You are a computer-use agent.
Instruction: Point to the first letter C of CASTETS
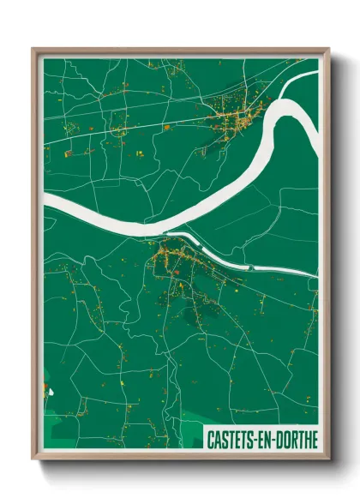click(211, 439)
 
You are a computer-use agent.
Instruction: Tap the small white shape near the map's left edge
click(49, 393)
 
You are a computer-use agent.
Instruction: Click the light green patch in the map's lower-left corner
click(51, 433)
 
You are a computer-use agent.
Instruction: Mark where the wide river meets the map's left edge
click(45, 203)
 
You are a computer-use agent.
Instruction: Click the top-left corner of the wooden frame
click(33, 50)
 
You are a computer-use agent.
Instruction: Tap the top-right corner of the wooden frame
click(327, 50)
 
